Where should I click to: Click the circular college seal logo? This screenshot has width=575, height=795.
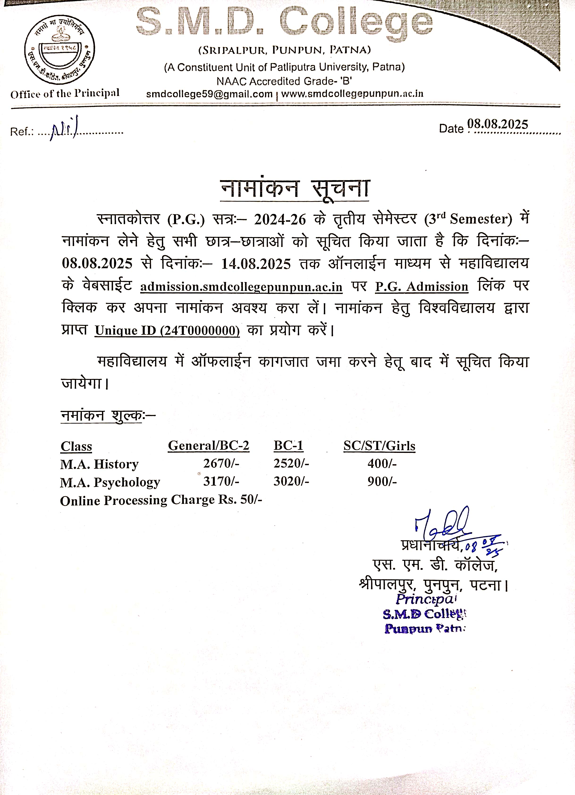coord(59,49)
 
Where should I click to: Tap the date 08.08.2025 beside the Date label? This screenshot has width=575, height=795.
coord(498,124)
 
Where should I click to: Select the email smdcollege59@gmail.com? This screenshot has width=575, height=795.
coord(209,94)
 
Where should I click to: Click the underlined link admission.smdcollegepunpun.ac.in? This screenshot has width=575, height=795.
coord(241,287)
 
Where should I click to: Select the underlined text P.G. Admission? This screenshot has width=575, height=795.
coord(422,287)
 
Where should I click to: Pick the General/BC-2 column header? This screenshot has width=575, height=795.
coord(208,446)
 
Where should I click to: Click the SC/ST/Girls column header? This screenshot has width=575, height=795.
coord(379,446)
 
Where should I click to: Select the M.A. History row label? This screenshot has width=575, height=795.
coord(100,464)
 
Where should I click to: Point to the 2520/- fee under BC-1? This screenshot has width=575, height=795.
coord(291,463)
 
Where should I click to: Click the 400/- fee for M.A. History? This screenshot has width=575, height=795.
coord(382,463)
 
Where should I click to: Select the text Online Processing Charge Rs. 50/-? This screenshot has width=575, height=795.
coord(161,500)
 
